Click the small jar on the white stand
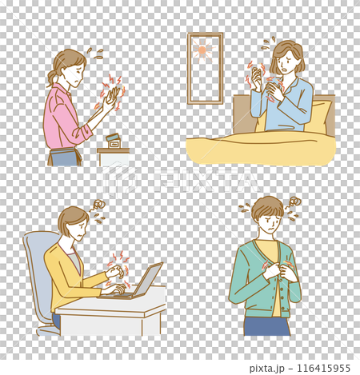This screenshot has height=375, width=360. point(113,142)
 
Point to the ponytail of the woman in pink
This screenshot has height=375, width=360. point(53,78)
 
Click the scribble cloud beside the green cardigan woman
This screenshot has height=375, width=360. point(294,201)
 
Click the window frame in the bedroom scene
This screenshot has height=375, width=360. point(190,69)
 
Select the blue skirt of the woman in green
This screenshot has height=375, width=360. point(266,325)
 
